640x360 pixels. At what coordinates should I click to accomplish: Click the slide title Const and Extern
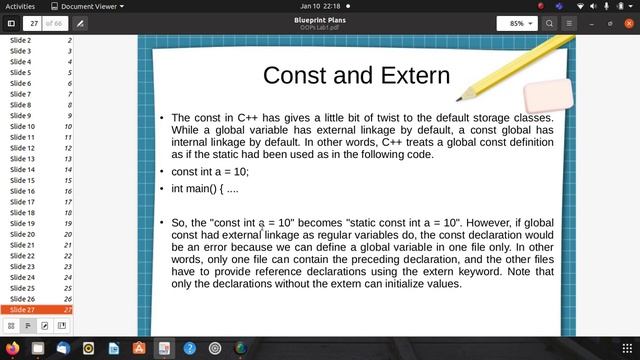click(356, 75)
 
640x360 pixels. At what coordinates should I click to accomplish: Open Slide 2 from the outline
click(21, 40)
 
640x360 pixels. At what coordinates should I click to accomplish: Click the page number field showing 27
click(33, 22)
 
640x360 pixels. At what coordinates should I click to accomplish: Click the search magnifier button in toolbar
click(549, 22)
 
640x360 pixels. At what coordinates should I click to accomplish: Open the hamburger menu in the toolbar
click(570, 22)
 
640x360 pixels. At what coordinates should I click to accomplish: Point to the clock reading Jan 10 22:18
click(320, 5)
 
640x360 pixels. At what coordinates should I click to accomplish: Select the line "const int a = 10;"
click(210, 171)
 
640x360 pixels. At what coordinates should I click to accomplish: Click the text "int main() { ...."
click(205, 188)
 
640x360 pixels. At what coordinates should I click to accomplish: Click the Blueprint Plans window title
click(320, 19)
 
